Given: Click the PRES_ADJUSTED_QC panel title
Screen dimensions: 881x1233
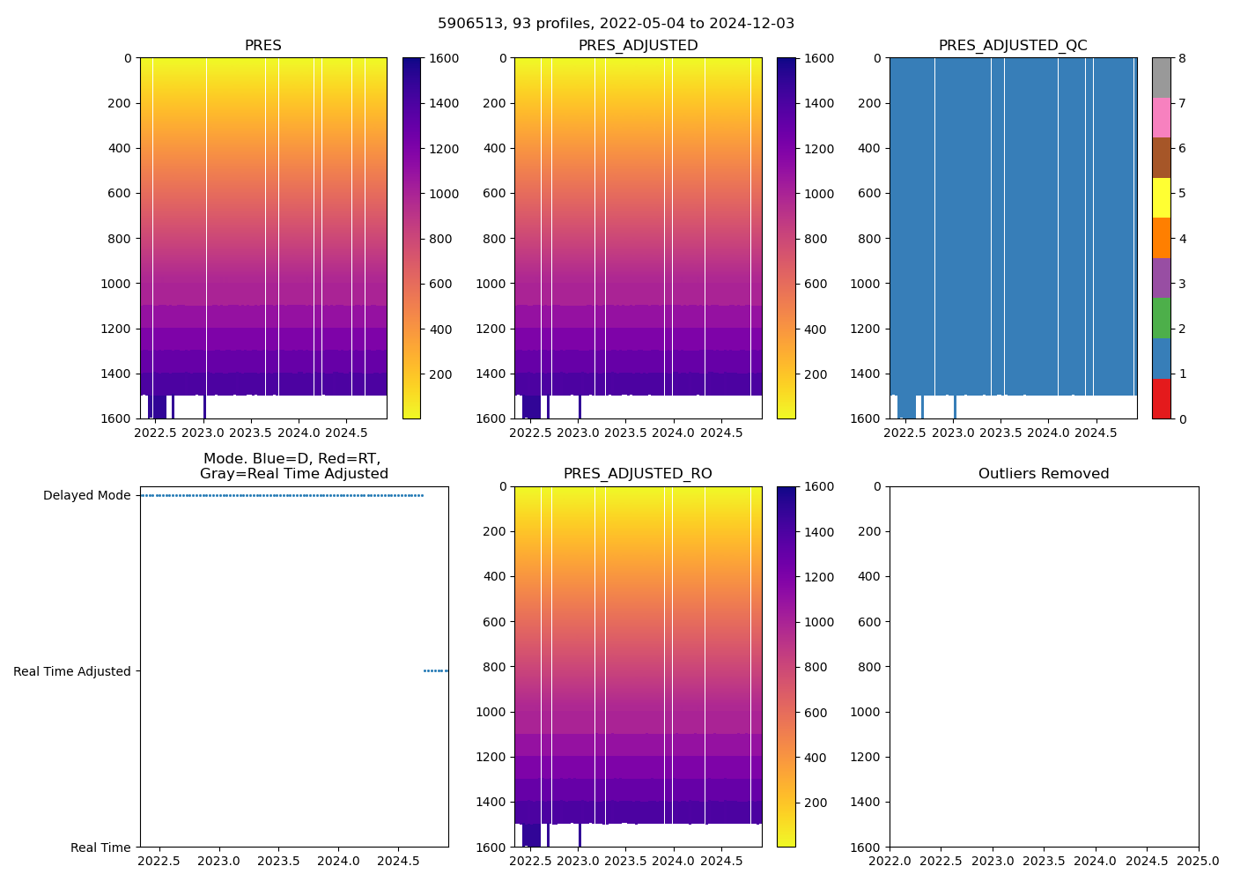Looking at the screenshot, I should (1012, 46).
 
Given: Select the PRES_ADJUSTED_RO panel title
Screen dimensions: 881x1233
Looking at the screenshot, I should (638, 474).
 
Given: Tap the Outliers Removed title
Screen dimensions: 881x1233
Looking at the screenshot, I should (1044, 474).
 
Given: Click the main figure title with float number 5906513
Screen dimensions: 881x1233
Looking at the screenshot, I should (616, 24).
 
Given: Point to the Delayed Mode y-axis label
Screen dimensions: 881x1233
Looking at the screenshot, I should (86, 495).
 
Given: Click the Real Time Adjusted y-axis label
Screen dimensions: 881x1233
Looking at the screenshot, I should (71, 671).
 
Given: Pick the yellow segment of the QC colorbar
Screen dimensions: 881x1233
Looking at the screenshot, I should (1162, 197).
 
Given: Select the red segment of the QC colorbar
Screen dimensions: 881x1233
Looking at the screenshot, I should (1162, 398).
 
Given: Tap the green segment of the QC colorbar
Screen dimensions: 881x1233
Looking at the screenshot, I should (1162, 318).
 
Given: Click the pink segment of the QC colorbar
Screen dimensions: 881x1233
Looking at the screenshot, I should (1162, 117).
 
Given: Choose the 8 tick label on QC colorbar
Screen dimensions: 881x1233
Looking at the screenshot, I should (1183, 58).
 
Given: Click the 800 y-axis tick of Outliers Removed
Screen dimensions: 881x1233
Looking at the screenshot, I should (870, 667).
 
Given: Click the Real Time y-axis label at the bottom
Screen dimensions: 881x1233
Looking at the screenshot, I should (100, 848).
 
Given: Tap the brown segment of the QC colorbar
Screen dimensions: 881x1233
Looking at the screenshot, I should (1162, 158).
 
